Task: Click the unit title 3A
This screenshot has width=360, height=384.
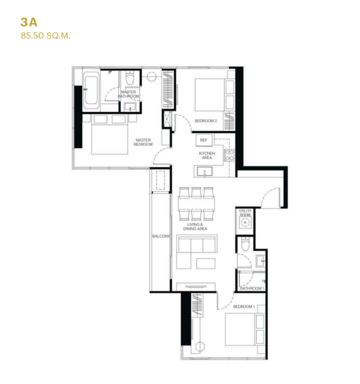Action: point(29,22)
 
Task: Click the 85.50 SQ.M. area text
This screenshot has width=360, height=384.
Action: point(46,36)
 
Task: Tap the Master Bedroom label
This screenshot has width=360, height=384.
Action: point(144,142)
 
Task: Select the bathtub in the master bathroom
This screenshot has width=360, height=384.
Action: point(91,90)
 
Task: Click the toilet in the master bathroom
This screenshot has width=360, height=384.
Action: point(130,77)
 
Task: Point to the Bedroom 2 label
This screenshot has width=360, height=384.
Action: point(206,121)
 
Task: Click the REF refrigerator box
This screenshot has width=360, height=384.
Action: point(204,140)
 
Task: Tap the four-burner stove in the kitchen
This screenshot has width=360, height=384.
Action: point(230,156)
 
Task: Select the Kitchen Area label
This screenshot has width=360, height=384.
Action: point(207,156)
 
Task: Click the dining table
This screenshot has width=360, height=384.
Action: point(196,203)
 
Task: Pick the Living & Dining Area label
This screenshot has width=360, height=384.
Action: point(195,227)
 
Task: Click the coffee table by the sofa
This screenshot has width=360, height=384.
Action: point(206,263)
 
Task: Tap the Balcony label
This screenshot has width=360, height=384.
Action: point(161,236)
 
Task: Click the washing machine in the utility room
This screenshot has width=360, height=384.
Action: point(245,222)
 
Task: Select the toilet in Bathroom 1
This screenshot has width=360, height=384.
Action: point(245,244)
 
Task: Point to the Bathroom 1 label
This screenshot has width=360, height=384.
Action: point(252,289)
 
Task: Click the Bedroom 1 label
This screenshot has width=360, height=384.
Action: point(244,307)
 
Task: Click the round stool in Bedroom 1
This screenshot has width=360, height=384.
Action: point(200,347)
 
